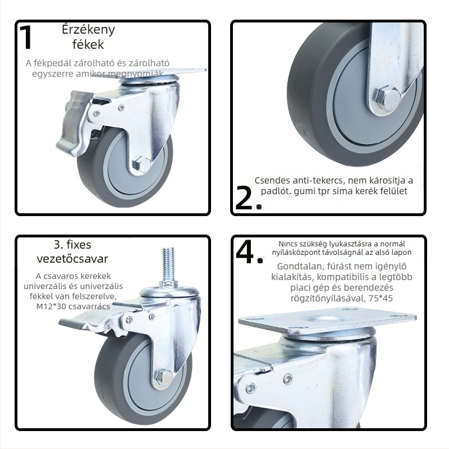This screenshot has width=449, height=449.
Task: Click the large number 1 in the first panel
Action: [26, 37]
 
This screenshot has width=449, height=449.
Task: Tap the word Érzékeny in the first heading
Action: [88, 30]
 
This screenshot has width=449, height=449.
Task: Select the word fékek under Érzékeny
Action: [88, 44]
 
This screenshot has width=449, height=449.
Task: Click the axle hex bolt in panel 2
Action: [387, 98]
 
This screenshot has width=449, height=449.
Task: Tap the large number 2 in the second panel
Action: [244, 198]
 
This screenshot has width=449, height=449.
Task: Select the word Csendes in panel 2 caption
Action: [272, 181]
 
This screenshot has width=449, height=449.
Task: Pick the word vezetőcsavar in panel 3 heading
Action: [72, 259]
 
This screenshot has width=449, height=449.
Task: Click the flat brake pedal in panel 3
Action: [86, 321]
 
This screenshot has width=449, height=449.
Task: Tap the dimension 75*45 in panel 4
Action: [381, 299]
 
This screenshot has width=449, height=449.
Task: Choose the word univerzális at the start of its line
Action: [44, 286]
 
